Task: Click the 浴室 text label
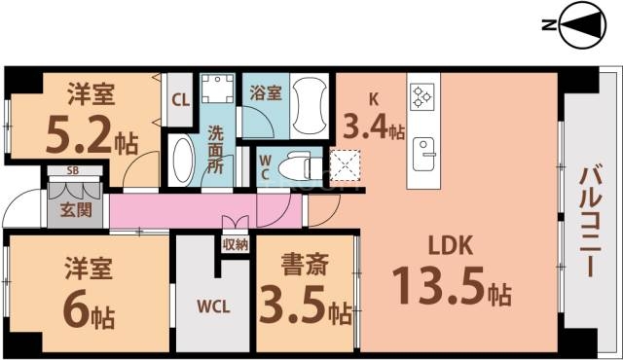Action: point(266,94)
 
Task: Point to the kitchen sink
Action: point(424,152)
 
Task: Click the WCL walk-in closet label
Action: point(213,307)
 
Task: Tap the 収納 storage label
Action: point(235,243)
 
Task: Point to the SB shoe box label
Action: point(73,172)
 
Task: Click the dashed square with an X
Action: point(345,165)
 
